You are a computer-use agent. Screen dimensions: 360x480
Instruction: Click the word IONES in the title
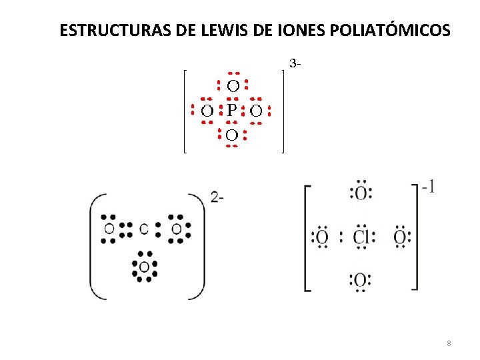pyautogui.click(x=279, y=31)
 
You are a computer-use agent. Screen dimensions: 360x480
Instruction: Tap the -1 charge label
pyautogui.click(x=429, y=188)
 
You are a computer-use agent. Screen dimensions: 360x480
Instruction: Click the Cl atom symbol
pyautogui.click(x=361, y=237)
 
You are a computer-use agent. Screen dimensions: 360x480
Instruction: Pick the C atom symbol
pyautogui.click(x=144, y=229)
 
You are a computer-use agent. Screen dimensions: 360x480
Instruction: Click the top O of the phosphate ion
pyautogui.click(x=233, y=85)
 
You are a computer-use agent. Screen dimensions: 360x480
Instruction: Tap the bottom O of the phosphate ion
pyautogui.click(x=231, y=135)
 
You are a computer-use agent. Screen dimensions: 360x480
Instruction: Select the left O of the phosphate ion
pyautogui.click(x=207, y=110)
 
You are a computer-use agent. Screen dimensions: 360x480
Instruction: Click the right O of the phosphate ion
pyautogui.click(x=256, y=110)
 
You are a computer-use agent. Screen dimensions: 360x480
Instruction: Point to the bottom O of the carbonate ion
pyautogui.click(x=144, y=267)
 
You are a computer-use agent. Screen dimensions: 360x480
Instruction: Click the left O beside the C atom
pyautogui.click(x=109, y=229)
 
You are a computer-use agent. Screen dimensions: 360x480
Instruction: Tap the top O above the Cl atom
pyautogui.click(x=361, y=194)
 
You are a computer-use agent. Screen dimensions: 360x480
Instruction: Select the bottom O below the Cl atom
pyautogui.click(x=361, y=279)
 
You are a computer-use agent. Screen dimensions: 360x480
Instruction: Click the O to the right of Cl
pyautogui.click(x=400, y=237)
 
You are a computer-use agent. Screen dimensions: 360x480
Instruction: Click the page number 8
pyautogui.click(x=449, y=343)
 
